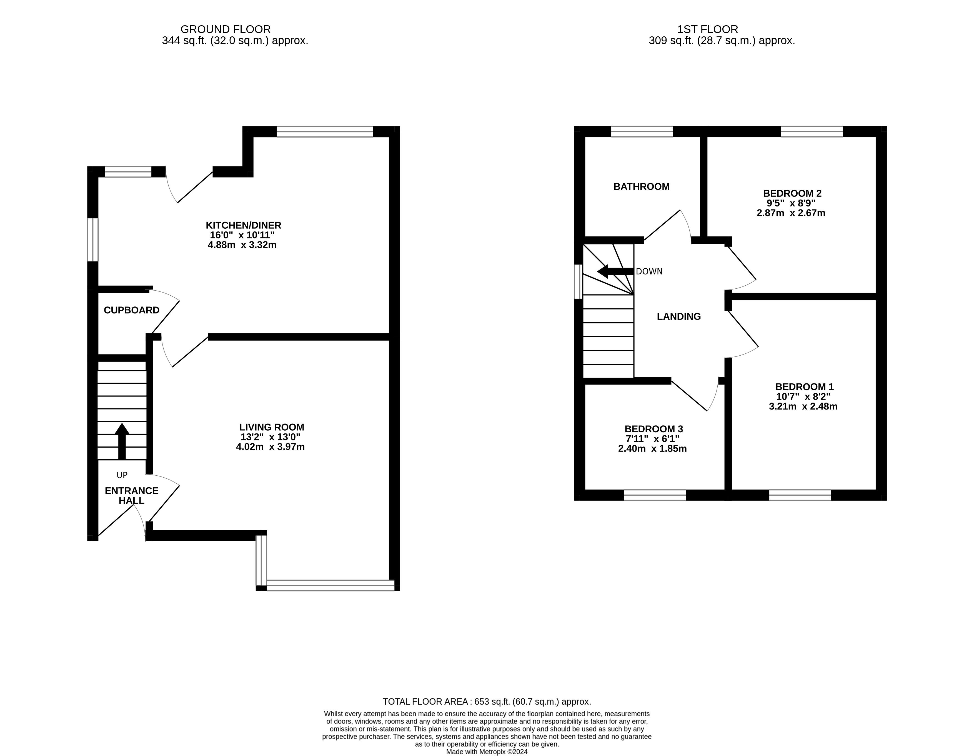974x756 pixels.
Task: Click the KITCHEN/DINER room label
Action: click(244, 225)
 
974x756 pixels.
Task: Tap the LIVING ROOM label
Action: click(272, 427)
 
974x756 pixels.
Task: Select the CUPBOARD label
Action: click(132, 310)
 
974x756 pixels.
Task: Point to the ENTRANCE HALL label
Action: click(132, 495)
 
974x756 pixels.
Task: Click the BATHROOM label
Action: click(641, 186)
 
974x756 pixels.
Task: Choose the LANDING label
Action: click(679, 316)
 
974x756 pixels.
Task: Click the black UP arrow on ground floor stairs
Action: click(122, 441)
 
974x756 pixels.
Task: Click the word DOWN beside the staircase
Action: click(649, 271)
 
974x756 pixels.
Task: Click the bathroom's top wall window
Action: click(642, 132)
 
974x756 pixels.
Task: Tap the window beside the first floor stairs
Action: click(579, 281)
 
